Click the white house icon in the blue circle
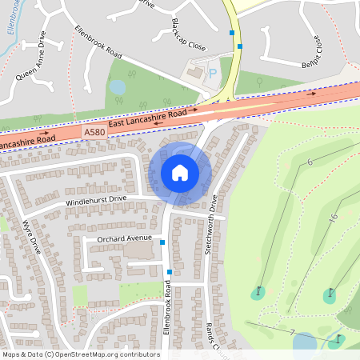point(180,173)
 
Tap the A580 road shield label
point(95,130)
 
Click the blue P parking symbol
point(213,74)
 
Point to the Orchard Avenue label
point(124,238)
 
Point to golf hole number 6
point(309,162)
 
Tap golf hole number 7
point(294,332)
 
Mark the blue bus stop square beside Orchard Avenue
point(162,242)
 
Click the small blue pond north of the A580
point(118,86)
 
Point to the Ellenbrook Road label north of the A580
point(98,42)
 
